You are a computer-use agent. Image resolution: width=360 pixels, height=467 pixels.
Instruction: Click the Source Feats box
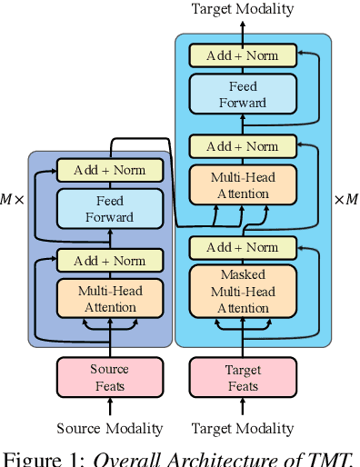110,377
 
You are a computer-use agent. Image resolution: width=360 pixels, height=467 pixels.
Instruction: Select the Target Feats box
243,377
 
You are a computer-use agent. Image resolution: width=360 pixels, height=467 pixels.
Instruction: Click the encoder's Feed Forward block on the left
110,209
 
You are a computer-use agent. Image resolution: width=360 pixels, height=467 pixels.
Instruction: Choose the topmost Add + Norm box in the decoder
243,55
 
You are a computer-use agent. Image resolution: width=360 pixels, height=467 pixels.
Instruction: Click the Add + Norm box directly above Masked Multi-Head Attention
243,247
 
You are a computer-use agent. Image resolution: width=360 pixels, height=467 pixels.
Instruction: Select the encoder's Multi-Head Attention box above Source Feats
110,299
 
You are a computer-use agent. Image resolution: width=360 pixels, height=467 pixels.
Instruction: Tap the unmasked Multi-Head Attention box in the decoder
243,185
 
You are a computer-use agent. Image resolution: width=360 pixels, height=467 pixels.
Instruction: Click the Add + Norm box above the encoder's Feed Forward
110,169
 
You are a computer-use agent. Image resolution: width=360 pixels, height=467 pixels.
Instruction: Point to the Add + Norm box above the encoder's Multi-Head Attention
110,261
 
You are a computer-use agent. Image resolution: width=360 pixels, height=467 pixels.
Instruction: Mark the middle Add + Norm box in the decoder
243,146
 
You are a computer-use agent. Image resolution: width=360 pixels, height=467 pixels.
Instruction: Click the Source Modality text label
110,428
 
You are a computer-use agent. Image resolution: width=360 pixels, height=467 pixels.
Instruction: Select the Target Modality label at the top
243,9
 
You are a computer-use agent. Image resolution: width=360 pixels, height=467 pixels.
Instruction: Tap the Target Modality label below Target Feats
243,428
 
